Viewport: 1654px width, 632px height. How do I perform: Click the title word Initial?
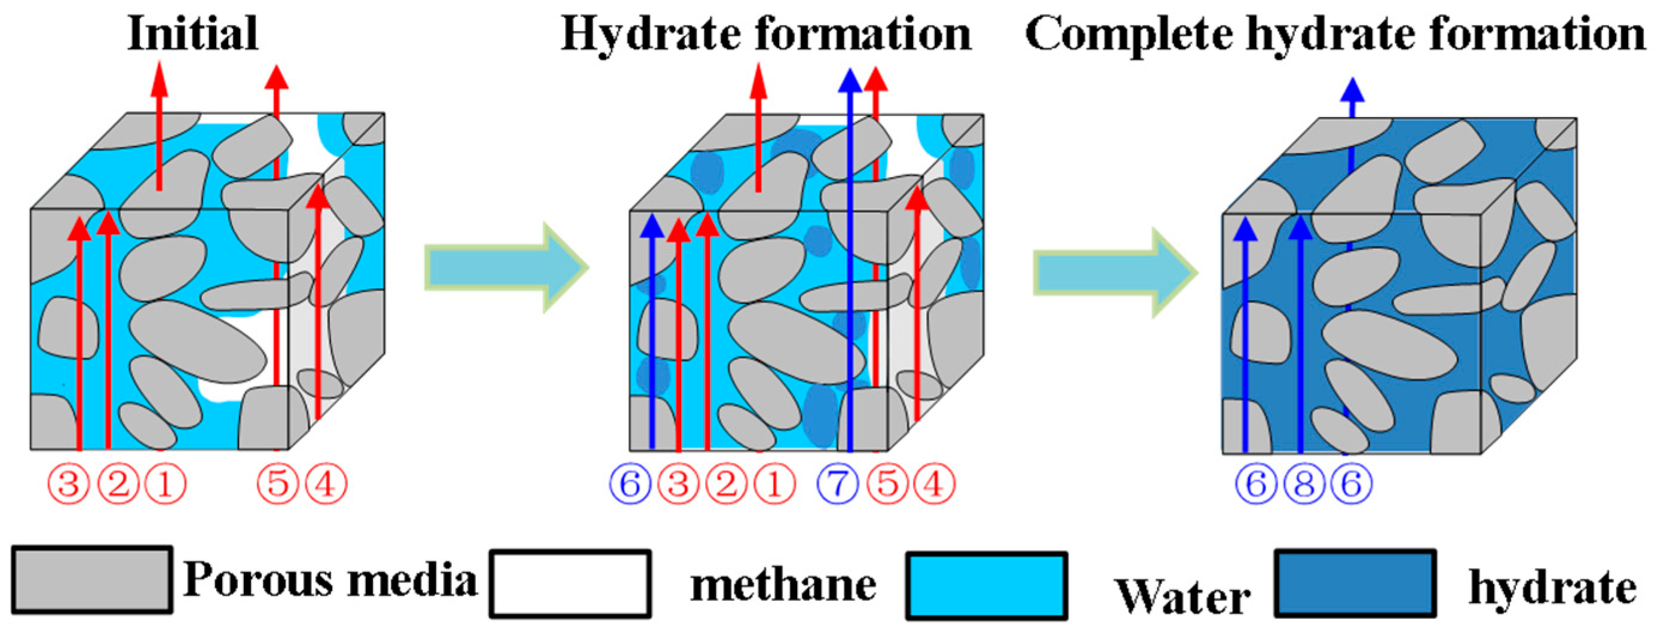pos(192,33)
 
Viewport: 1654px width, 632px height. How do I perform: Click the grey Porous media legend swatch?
pos(92,580)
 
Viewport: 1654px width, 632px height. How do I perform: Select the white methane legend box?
pos(570,583)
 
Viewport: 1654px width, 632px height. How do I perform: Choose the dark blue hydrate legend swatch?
pos(1355,583)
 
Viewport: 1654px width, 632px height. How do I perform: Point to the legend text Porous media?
pos(330,579)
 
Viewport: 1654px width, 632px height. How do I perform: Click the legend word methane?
pos(783,586)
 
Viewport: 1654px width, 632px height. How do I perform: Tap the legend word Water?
pos(1182,596)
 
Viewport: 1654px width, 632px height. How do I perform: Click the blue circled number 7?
pos(838,484)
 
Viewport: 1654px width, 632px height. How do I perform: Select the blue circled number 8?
pos(1304,484)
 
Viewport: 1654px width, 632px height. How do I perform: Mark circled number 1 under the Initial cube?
pos(166,484)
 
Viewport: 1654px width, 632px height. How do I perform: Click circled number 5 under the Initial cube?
pos(278,484)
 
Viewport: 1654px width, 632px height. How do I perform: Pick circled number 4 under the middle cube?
pos(934,484)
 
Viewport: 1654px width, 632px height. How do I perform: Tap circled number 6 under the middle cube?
pos(630,484)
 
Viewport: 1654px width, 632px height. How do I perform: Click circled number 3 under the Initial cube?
pos(69,484)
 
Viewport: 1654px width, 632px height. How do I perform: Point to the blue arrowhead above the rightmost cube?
pos(1352,91)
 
